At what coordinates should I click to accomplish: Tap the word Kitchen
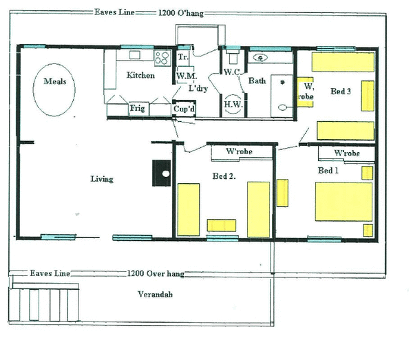tap(140, 76)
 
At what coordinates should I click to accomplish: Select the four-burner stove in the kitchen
tap(163, 57)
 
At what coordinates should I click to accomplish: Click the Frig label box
tap(138, 109)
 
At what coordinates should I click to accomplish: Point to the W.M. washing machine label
tap(184, 76)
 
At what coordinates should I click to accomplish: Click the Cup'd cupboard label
tap(183, 109)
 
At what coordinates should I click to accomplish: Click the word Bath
tap(257, 81)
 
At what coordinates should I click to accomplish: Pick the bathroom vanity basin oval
tap(262, 58)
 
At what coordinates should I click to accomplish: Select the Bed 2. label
tap(224, 176)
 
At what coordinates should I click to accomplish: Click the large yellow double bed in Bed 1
tap(343, 202)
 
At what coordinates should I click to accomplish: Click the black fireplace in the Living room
tap(162, 172)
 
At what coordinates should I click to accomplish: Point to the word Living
tap(102, 179)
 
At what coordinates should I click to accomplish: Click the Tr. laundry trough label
tap(183, 57)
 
